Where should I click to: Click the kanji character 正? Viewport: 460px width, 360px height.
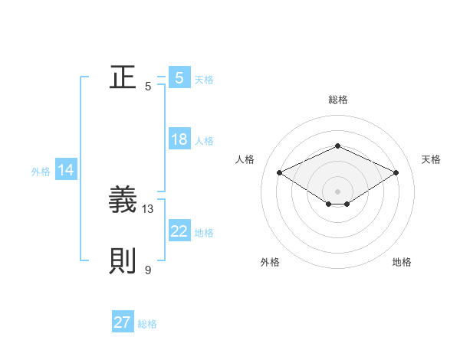[123, 78]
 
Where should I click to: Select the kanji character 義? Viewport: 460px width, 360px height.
[123, 201]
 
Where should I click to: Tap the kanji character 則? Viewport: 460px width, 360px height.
[123, 262]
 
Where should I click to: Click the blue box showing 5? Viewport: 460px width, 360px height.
[179, 78]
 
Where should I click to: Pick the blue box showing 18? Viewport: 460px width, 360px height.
[179, 140]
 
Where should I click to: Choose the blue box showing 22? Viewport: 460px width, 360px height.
[179, 232]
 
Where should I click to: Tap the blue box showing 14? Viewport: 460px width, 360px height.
[66, 171]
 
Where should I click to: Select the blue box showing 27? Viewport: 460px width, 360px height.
[123, 323]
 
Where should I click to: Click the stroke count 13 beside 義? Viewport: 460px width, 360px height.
[148, 208]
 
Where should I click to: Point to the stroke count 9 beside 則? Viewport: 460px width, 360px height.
[148, 270]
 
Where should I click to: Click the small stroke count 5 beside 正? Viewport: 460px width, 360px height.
[148, 86]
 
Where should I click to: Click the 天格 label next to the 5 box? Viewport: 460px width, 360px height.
[204, 79]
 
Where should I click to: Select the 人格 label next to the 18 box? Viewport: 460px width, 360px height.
[204, 141]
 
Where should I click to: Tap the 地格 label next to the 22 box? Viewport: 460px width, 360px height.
[204, 233]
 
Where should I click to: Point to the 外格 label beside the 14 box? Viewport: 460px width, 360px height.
[41, 172]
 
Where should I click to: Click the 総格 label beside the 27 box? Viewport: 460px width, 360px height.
[147, 324]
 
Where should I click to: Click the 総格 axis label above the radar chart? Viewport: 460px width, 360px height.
[337, 100]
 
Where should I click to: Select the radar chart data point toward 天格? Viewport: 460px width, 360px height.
[396, 173]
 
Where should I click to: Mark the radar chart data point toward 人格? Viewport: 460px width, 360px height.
[279, 173]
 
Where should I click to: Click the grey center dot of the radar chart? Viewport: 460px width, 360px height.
[337, 191]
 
